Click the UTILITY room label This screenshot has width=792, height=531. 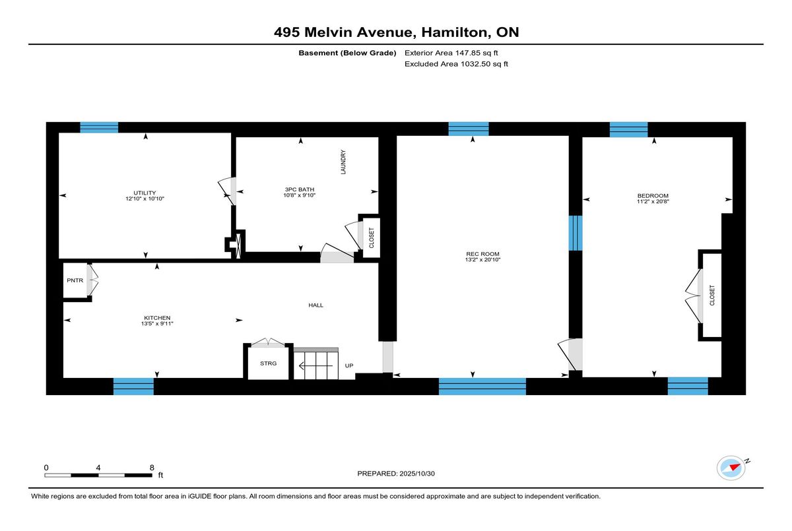point(145,193)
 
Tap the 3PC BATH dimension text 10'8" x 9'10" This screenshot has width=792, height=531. point(299,195)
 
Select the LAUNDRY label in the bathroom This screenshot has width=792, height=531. point(343,162)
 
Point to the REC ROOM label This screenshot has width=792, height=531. point(482,254)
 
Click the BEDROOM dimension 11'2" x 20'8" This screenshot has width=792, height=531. point(653,201)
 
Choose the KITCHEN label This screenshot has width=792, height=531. point(157,318)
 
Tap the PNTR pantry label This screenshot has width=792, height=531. point(75,280)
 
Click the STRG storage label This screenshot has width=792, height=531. point(269,363)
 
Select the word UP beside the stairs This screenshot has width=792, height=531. point(349,365)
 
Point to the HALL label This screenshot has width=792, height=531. point(315,305)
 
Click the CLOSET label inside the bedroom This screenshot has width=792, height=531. point(712,296)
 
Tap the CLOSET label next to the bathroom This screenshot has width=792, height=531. point(372,237)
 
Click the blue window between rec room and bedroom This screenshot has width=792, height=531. point(576,233)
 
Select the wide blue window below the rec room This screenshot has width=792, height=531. point(482,386)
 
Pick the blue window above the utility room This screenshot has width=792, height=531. point(99,127)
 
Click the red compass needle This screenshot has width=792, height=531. point(735,467)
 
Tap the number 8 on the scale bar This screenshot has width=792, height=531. point(152,468)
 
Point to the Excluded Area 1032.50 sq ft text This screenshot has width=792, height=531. point(456,64)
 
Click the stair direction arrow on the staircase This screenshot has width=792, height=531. point(315,365)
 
